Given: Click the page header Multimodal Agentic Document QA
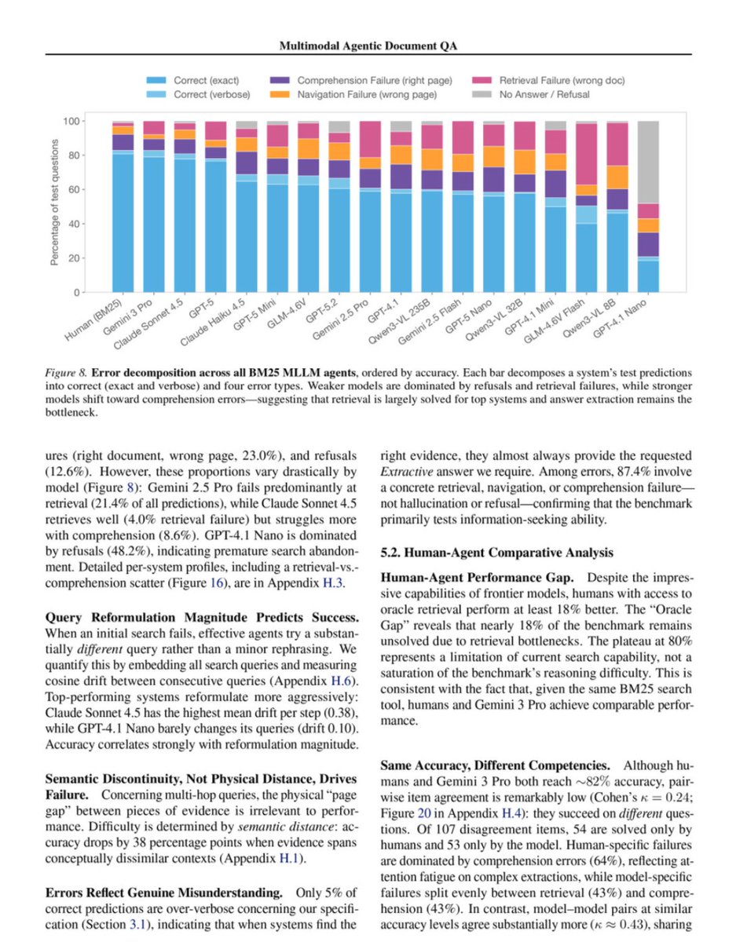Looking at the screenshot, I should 373,46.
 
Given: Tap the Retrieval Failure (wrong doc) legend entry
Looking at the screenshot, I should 551,80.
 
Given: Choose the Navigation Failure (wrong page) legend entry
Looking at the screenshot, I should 366,94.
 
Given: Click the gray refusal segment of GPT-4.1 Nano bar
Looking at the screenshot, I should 648,161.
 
